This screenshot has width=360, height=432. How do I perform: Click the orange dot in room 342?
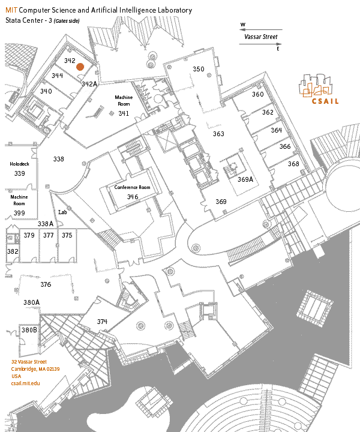[x=80, y=67]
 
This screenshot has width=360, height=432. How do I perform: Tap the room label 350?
[x=199, y=69]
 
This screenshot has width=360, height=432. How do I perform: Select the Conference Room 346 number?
[x=133, y=196]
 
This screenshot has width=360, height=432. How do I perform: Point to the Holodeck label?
[x=19, y=164]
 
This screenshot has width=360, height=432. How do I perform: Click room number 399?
[x=19, y=213]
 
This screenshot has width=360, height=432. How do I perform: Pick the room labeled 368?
[x=293, y=163]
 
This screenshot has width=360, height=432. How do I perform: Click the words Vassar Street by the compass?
[x=261, y=37]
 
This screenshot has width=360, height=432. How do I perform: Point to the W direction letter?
[x=242, y=25]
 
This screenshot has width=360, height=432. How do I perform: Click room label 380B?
[x=29, y=330]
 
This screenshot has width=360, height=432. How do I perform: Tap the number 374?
[x=102, y=322]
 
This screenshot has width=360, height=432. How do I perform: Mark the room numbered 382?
[x=13, y=252]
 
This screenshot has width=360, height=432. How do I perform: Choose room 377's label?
[x=48, y=235]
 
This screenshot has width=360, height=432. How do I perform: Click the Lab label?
[x=62, y=212]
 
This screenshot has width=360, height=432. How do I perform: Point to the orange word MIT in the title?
[x=11, y=11]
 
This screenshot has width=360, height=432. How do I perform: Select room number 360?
[x=258, y=94]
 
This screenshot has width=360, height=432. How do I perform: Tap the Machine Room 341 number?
[x=124, y=113]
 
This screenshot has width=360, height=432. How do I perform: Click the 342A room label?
[x=89, y=84]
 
